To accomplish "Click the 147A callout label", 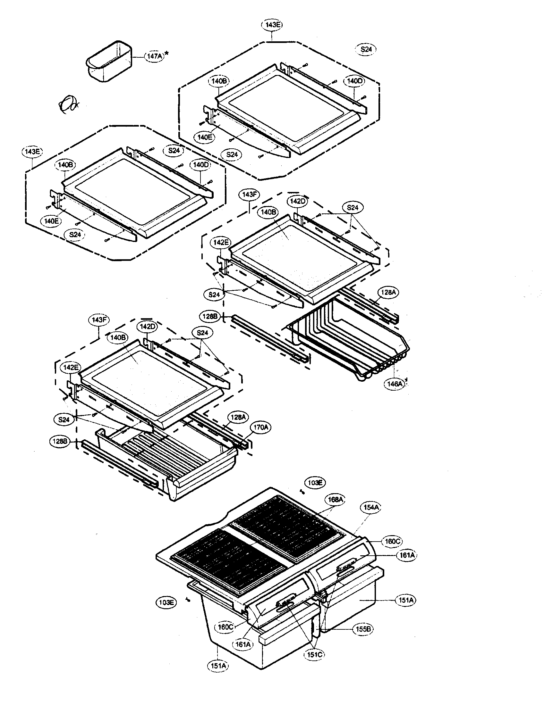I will (154, 56).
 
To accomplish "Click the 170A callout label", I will (261, 427).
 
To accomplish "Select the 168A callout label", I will (335, 500).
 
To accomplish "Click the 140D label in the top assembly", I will (354, 81).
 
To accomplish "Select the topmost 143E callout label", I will (271, 25).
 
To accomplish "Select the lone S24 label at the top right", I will (366, 49).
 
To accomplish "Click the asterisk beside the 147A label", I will (167, 53).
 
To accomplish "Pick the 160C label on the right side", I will (392, 541).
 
